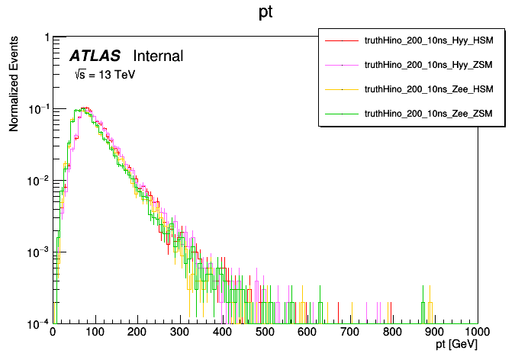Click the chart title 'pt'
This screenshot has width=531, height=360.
tap(266, 14)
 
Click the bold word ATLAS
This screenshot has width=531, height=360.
tap(95, 56)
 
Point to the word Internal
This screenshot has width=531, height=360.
tap(158, 56)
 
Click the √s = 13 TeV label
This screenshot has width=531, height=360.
tap(98, 75)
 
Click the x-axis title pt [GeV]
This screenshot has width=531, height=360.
tap(456, 346)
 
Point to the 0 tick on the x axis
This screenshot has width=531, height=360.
tap(53, 333)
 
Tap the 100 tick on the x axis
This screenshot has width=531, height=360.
tap(95, 333)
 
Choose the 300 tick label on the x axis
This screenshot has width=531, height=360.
tap(180, 333)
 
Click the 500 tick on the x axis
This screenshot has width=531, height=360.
tap(265, 333)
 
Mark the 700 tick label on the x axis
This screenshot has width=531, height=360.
tap(350, 333)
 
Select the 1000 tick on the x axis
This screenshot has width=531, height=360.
tap(477, 333)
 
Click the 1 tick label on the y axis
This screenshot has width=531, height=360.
tap(47, 38)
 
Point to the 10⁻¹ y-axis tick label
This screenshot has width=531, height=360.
tap(38, 109)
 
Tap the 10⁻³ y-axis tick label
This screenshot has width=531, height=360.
tap(38, 252)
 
